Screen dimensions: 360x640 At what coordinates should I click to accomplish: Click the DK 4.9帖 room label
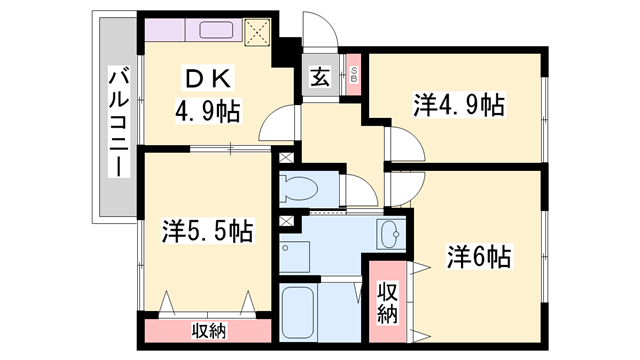207,95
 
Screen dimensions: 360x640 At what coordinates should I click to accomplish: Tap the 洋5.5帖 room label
207,232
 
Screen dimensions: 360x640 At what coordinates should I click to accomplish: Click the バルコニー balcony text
118,118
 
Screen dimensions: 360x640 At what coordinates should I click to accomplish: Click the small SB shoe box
352,75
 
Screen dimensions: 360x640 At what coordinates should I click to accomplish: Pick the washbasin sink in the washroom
390,236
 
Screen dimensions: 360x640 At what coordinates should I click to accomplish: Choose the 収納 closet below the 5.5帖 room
208,328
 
